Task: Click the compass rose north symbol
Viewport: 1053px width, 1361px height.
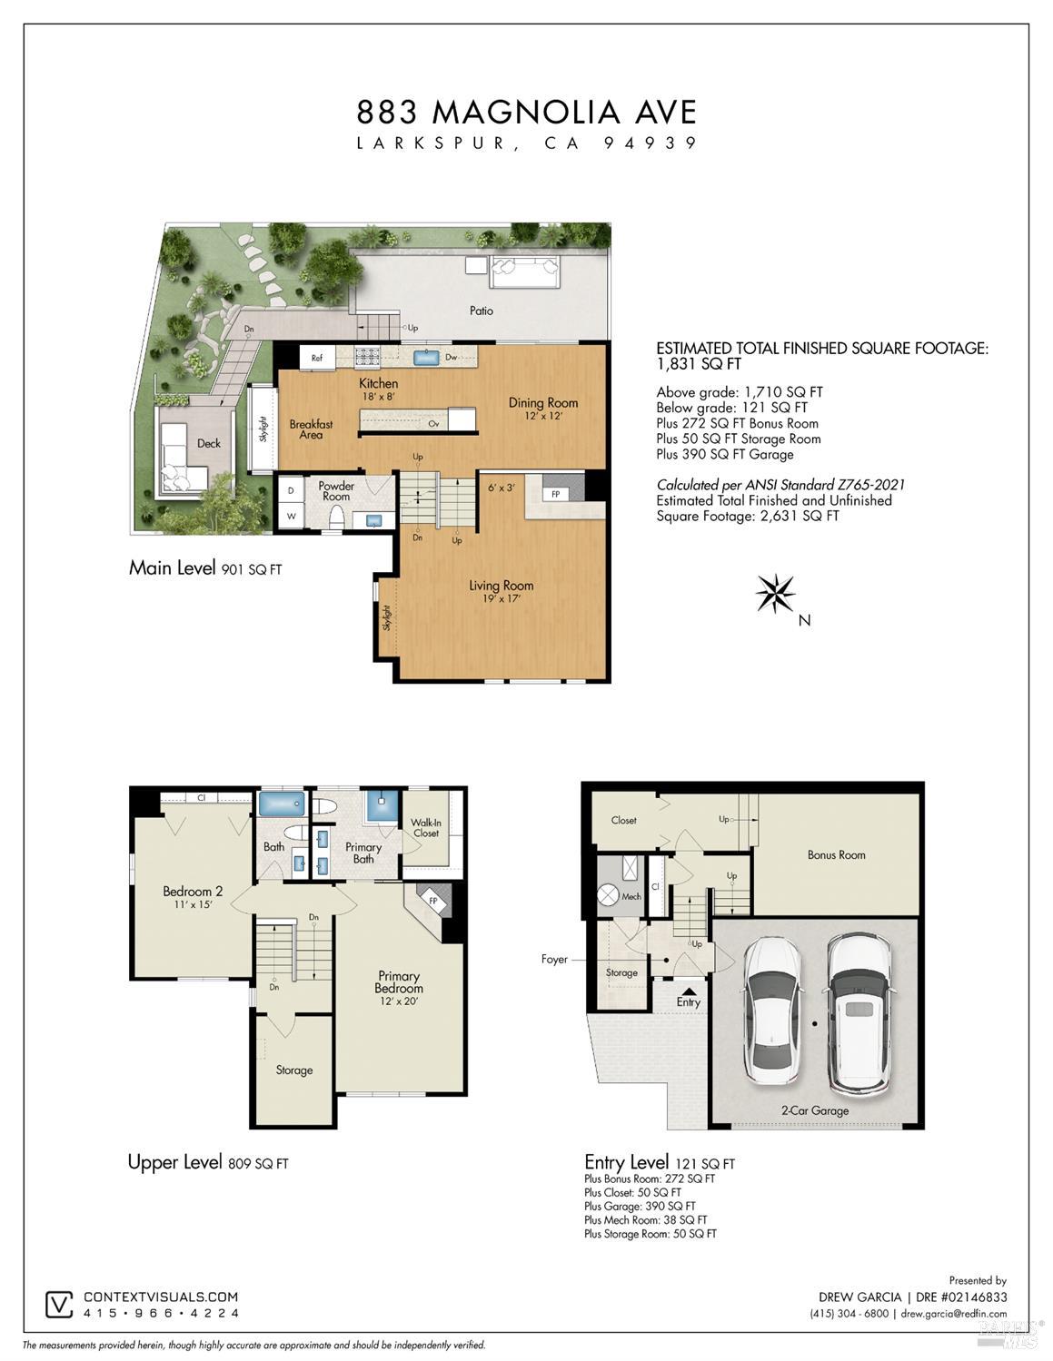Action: (x=775, y=593)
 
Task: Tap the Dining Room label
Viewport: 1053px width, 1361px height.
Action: (x=542, y=403)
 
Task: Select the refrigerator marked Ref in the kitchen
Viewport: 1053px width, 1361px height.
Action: (x=317, y=358)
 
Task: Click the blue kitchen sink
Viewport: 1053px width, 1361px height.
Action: (x=426, y=358)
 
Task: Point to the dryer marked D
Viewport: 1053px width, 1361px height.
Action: (x=291, y=492)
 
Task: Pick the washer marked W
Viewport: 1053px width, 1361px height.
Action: (x=291, y=517)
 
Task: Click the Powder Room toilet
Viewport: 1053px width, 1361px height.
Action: (x=337, y=518)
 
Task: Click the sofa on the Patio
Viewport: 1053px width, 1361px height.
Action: (x=524, y=271)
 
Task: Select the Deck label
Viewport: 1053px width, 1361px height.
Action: (x=209, y=443)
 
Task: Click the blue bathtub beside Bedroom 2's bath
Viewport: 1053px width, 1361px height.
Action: (x=282, y=804)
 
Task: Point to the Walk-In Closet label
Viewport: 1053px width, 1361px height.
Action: (x=426, y=828)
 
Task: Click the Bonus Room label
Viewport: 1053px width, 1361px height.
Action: (x=836, y=855)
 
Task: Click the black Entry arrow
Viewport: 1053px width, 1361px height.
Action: (x=688, y=991)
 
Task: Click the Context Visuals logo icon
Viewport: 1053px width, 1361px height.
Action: (x=60, y=1305)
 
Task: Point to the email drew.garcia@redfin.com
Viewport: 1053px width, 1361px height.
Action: (x=953, y=1314)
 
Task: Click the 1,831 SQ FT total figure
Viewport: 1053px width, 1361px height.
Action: (x=699, y=364)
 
